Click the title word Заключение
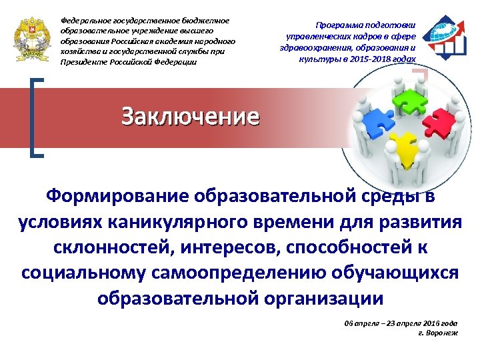(x=190, y=117)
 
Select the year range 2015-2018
(x=367, y=59)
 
